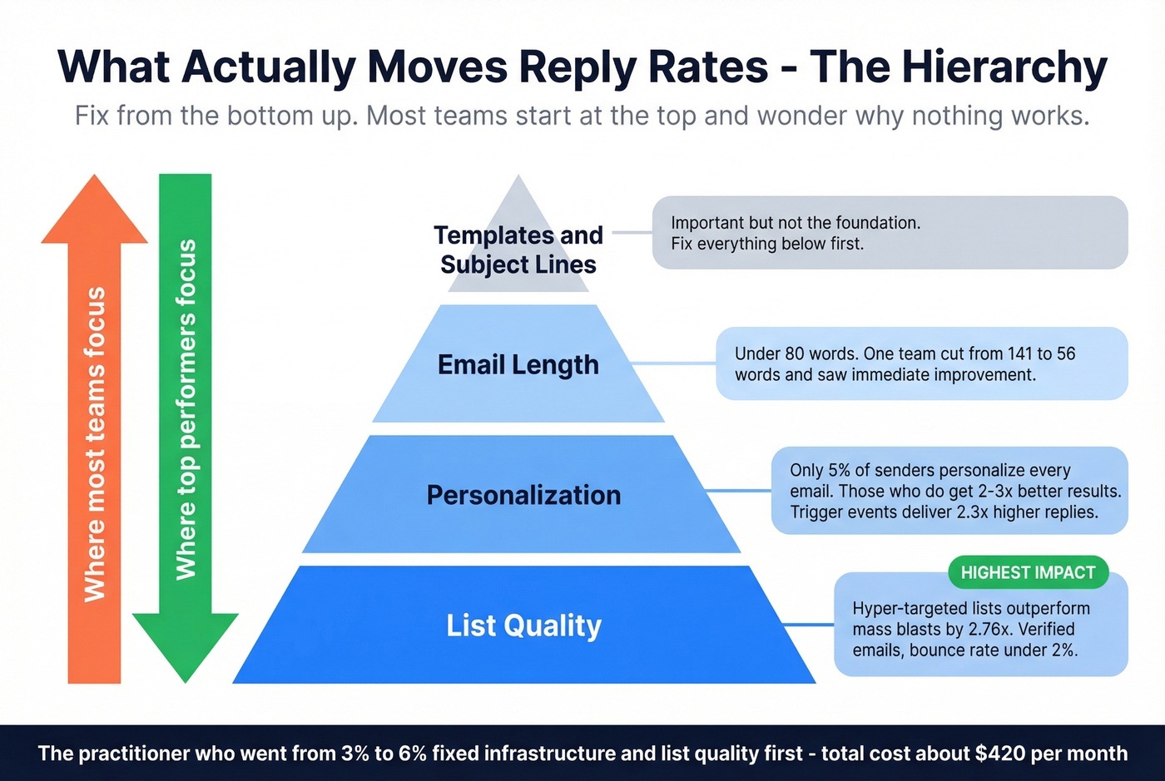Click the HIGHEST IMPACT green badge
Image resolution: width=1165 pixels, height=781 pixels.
pyautogui.click(x=1028, y=572)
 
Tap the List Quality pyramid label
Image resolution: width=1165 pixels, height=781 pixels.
pyautogui.click(x=523, y=625)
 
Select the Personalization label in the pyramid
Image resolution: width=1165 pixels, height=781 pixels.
pyautogui.click(x=523, y=495)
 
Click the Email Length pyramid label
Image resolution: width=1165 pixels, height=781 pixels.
pyautogui.click(x=518, y=364)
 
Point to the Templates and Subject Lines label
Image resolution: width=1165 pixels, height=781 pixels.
pyautogui.click(x=518, y=250)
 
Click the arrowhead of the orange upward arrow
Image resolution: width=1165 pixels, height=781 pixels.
pyautogui.click(x=95, y=212)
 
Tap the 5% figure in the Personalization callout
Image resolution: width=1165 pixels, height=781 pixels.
pyautogui.click(x=839, y=470)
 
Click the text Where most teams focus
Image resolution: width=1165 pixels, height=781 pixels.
pyautogui.click(x=95, y=444)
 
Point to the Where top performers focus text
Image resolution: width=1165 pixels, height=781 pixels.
pyautogui.click(x=186, y=409)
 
